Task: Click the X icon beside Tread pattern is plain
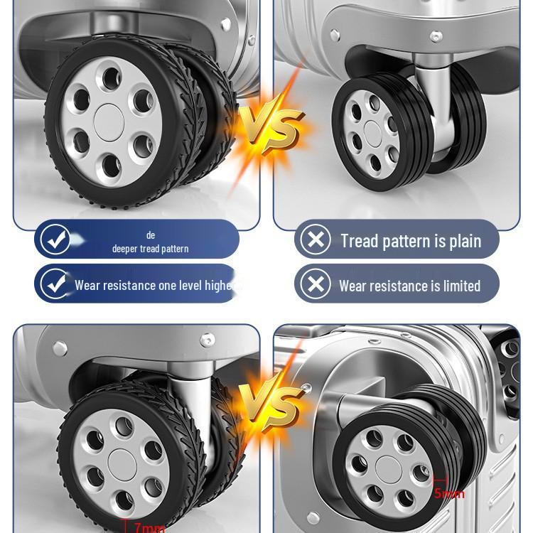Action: point(315,240)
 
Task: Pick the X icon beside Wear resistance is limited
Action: point(315,285)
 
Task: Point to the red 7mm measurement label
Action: point(149,527)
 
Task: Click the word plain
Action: point(464,241)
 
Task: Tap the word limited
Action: point(456,286)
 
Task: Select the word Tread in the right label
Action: point(359,241)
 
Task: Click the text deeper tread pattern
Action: point(150,249)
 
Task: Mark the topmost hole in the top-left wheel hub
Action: point(110,76)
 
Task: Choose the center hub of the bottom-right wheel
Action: point(388,468)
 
